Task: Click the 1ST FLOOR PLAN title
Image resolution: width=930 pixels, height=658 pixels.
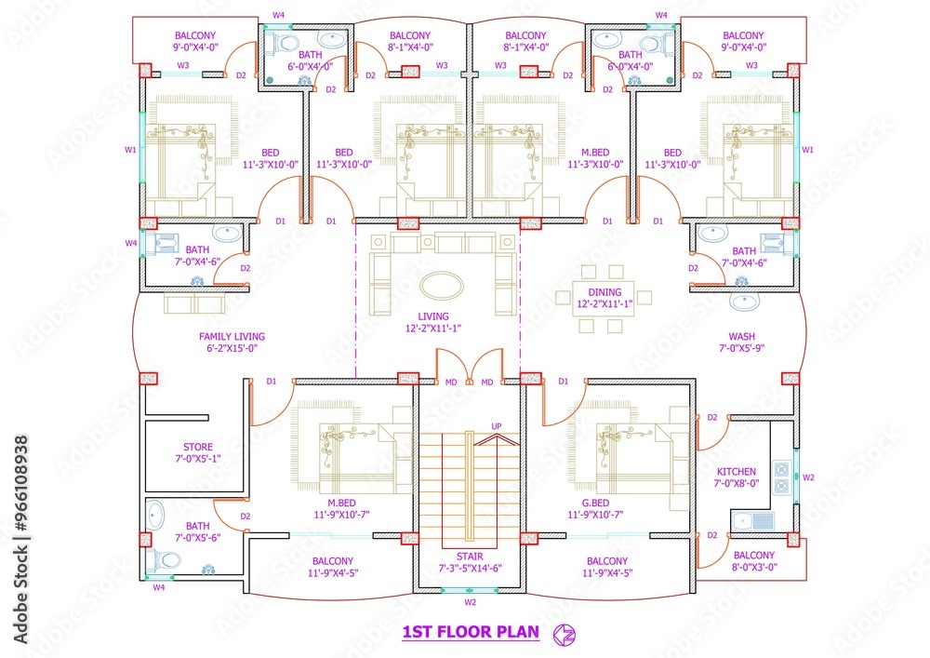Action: pyautogui.click(x=471, y=633)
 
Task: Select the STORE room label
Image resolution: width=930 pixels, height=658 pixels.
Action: pyautogui.click(x=197, y=447)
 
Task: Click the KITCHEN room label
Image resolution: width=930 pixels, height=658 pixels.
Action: pyautogui.click(x=736, y=472)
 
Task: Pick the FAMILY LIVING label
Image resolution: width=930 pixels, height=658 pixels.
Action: pyautogui.click(x=232, y=337)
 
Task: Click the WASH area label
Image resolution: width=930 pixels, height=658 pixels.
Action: pyautogui.click(x=741, y=337)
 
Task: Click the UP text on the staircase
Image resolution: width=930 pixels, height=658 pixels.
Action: pyautogui.click(x=497, y=426)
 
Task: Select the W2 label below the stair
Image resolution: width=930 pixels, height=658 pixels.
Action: pyautogui.click(x=471, y=602)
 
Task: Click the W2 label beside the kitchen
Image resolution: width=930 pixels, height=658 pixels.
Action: pyautogui.click(x=809, y=477)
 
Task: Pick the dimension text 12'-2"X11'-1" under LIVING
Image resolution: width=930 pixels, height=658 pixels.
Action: pyautogui.click(x=432, y=328)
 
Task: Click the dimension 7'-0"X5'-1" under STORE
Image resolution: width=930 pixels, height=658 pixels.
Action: pyautogui.click(x=197, y=459)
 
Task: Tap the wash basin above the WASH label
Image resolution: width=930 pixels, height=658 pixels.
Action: pyautogui.click(x=744, y=302)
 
